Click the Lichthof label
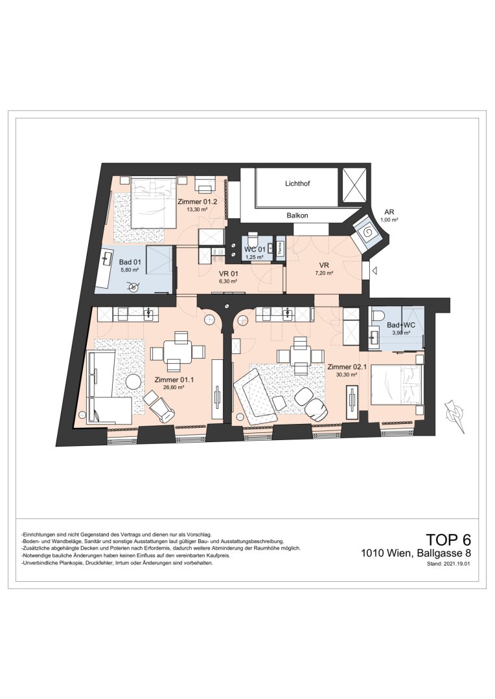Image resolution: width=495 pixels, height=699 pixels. coord(297,183)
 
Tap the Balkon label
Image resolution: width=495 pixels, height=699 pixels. coord(297,216)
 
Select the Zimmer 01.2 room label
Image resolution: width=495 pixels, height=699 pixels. coord(197,201)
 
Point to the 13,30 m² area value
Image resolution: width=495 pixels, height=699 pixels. coord(197,208)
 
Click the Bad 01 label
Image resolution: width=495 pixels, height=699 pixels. coord(129,263)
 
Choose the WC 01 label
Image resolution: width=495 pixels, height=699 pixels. coord(255,249)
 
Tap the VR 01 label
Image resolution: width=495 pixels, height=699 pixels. coord(227,274)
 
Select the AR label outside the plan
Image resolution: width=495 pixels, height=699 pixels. coord(389,213)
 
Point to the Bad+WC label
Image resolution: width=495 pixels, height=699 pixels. coord(401,325)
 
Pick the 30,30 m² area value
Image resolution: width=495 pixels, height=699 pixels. coord(347,375)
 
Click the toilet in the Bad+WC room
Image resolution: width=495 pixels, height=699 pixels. coord(379,315)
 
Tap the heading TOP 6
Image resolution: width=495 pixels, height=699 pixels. coord(448,539)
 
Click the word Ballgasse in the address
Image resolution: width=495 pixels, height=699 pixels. coord(438,553)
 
